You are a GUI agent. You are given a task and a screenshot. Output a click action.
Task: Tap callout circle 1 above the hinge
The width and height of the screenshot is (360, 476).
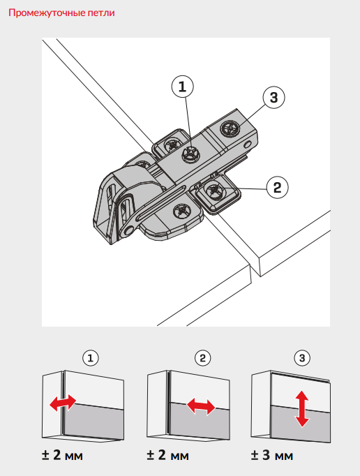pos(182,87)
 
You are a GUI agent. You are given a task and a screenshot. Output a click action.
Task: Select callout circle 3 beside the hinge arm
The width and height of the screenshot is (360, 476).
pos(273,98)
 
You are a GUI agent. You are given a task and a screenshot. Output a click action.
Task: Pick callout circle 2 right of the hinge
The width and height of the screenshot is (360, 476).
pos(278,187)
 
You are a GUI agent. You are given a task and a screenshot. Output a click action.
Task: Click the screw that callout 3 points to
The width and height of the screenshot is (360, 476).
pos(230,128)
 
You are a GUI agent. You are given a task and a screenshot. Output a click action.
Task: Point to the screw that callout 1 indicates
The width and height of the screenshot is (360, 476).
pos(190,154)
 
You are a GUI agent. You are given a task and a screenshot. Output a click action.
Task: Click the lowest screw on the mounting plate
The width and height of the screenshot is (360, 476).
pos(182,211)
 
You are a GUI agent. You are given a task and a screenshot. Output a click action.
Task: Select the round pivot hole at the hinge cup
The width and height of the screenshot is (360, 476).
pos(130,230)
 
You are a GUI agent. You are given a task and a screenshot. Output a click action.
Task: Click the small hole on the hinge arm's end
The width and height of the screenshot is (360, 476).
pos(248,144)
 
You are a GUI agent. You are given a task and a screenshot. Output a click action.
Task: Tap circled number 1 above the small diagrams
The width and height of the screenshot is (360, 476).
pos(91,358)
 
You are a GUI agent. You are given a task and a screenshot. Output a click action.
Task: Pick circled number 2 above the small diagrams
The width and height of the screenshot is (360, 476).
pos(202,358)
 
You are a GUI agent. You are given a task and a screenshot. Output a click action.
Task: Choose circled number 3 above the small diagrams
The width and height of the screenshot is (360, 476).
pos(302,358)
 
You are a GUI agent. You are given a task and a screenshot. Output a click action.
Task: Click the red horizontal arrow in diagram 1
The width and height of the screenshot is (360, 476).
pos(63,403)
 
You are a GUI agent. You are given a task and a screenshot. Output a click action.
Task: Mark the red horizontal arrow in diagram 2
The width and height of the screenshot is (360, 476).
pos(201,407)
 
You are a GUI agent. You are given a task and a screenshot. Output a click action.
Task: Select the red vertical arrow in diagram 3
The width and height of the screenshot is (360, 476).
pos(302,408)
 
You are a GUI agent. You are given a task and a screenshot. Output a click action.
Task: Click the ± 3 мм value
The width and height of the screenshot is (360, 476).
pos(272,455)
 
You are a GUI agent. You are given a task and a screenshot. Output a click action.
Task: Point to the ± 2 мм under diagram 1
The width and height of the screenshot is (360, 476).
pos(62,455)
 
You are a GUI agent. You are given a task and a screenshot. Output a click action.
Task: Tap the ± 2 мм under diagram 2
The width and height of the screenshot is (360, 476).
pos(167,455)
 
